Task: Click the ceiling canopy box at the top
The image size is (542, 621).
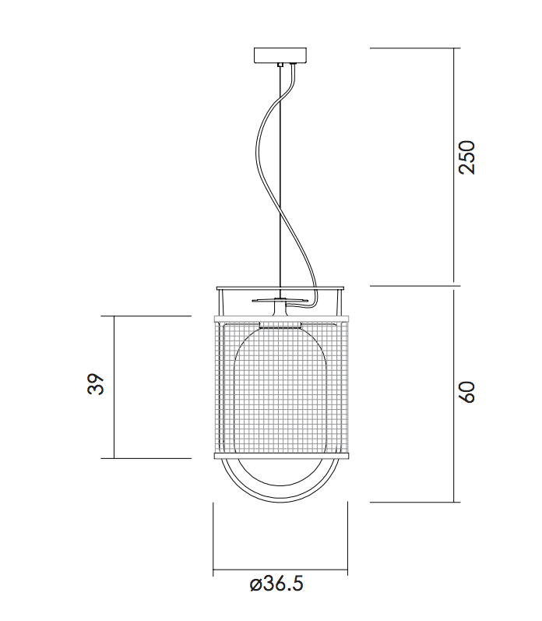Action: coord(280,55)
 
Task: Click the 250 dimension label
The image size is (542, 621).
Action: coord(466,158)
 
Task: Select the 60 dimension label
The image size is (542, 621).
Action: coord(466,393)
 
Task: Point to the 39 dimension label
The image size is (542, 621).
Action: coord(96,385)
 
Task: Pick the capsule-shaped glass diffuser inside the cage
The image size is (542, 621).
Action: coord(280,397)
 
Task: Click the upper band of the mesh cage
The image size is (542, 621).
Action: coord(280,320)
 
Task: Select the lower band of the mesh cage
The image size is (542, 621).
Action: coord(280,453)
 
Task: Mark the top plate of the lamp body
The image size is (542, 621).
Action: coord(280,287)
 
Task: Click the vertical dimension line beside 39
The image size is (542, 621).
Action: coord(114,387)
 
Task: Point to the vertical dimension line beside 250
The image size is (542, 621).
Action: coord(454,165)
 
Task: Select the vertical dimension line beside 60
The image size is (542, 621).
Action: coord(454,393)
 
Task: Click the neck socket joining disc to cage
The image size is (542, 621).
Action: coord(280,311)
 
